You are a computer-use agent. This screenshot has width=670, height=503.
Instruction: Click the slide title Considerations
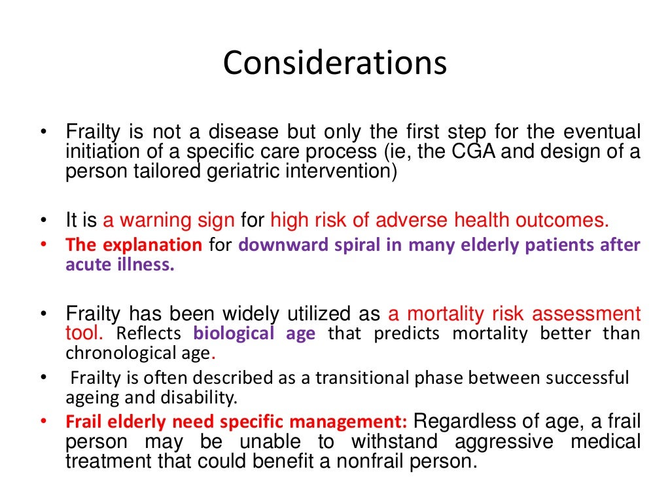tap(334, 64)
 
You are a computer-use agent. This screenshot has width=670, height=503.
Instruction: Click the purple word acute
tap(86, 266)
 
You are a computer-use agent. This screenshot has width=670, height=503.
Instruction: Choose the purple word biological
tap(234, 333)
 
